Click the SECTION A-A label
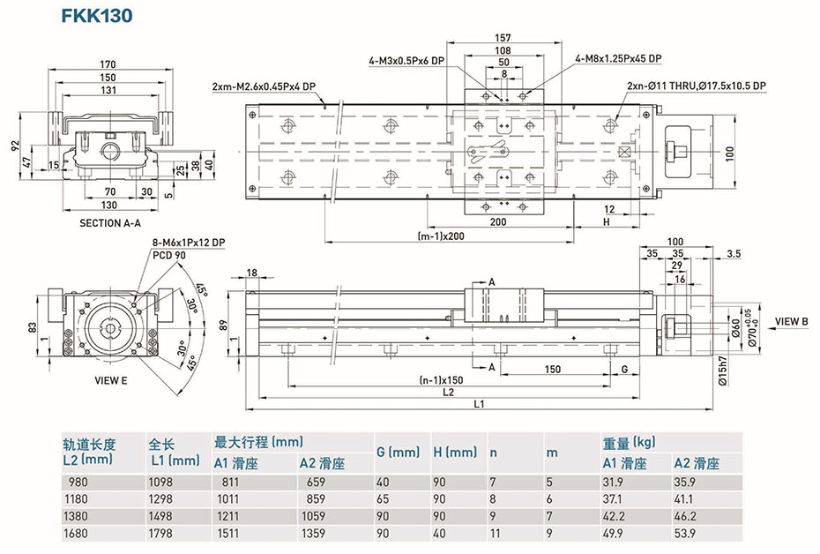(x=109, y=223)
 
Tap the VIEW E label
(x=110, y=381)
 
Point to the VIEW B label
(x=792, y=321)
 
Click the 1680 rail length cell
(x=78, y=533)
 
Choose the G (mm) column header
(x=398, y=453)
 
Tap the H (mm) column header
(x=455, y=453)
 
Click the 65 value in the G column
(x=382, y=499)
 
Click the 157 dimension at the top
(x=503, y=38)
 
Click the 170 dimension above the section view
(x=108, y=64)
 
